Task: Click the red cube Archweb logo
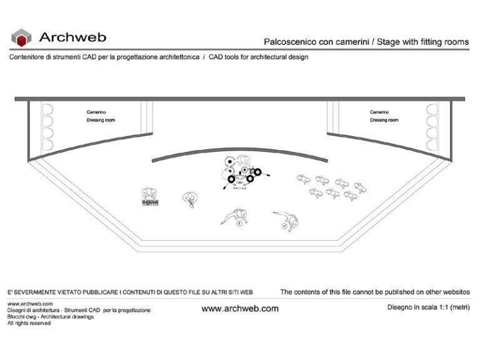pyautogui.click(x=21, y=37)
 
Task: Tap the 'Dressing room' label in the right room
pyautogui.click(x=384, y=120)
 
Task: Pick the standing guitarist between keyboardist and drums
pyautogui.click(x=189, y=199)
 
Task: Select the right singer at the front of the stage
pyautogui.click(x=287, y=219)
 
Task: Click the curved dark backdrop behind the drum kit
pyautogui.click(x=240, y=152)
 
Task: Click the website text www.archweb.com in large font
pyautogui.click(x=240, y=309)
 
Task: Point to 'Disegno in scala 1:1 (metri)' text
pyautogui.click(x=427, y=307)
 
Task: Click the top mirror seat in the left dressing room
pyautogui.click(x=46, y=110)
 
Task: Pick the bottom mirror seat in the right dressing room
pyautogui.click(x=431, y=144)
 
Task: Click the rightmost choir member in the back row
pyautogui.click(x=359, y=187)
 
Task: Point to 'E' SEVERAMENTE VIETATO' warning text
pyautogui.click(x=56, y=292)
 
